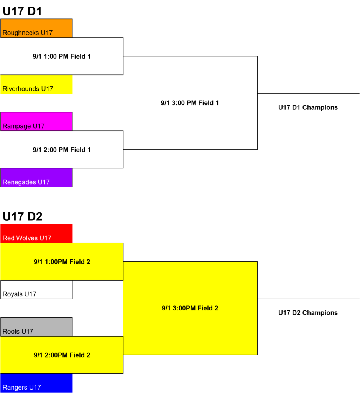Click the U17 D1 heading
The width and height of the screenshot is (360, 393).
(22, 11)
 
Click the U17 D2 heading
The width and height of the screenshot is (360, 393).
(23, 216)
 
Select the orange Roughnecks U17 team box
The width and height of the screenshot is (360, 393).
(36, 28)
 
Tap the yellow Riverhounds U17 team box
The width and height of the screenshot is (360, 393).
(36, 84)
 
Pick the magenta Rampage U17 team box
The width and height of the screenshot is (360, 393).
(36, 122)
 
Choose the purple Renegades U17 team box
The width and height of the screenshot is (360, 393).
(36, 177)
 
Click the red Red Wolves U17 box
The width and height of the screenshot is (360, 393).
(36, 233)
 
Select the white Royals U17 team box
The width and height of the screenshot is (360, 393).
(36, 289)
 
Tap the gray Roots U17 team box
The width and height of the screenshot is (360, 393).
(36, 327)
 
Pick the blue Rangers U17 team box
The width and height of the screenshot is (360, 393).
(36, 383)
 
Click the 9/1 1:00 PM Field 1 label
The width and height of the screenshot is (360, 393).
(62, 56)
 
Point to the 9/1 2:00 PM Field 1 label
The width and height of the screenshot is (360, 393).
(62, 150)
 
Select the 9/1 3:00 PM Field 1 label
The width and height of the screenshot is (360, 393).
(190, 103)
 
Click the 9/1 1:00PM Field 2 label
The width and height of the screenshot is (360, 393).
(62, 262)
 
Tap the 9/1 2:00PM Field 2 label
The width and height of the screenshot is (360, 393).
(62, 355)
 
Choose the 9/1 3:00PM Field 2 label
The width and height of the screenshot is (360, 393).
(190, 308)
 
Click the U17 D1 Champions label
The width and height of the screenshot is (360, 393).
(308, 107)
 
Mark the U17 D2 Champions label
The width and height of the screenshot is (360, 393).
(308, 313)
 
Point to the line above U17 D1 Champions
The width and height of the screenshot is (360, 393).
(308, 94)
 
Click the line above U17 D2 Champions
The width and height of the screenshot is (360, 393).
(308, 299)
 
